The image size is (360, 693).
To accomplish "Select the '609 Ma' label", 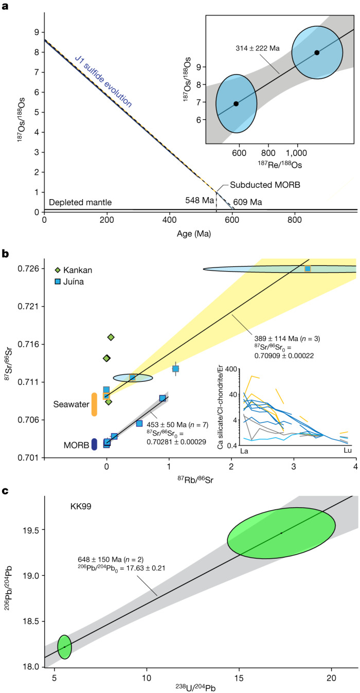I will click(248, 202).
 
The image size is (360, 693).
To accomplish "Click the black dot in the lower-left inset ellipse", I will click(236, 103).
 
